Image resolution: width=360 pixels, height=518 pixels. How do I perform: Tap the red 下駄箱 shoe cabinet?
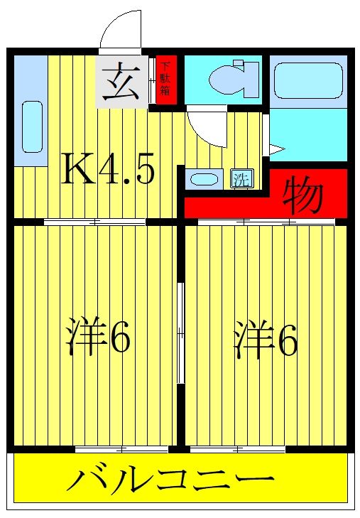(x=165, y=80)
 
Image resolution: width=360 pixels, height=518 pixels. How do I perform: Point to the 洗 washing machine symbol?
(x=241, y=179)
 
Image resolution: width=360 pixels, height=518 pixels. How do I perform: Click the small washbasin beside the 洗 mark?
(x=204, y=179)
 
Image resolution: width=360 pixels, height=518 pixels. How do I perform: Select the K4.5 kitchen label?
(x=109, y=168)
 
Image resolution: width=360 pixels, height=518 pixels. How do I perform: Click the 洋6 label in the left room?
(x=99, y=340)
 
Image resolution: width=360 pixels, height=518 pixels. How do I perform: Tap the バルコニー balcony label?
(x=170, y=481)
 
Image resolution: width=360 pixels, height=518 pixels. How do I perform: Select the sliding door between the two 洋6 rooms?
(x=181, y=333)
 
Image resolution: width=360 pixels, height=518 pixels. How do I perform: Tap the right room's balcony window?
(x=237, y=449)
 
